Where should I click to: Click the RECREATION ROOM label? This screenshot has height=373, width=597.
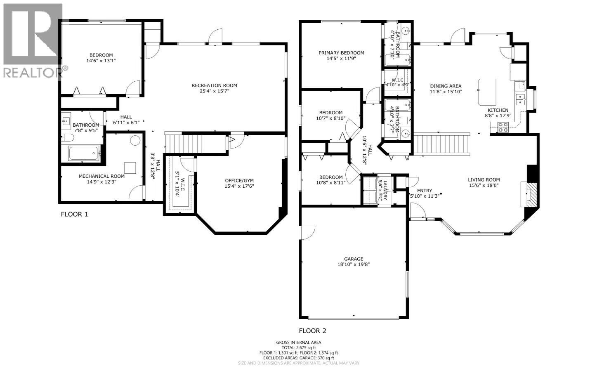point(214,85)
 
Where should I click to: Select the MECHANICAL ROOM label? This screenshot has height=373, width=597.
point(101,176)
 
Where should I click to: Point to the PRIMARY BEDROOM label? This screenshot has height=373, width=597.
point(341,53)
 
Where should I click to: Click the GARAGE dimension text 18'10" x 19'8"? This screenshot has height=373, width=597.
point(353,265)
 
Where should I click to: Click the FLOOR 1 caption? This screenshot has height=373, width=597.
point(74,214)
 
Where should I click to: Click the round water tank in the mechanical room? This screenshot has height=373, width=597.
point(135,140)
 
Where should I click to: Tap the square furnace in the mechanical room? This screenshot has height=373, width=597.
point(130,168)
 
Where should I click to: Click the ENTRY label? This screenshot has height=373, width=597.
point(424,191)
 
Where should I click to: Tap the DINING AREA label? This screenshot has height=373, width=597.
point(446,86)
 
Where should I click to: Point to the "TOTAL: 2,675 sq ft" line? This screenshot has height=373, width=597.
point(298,347)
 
